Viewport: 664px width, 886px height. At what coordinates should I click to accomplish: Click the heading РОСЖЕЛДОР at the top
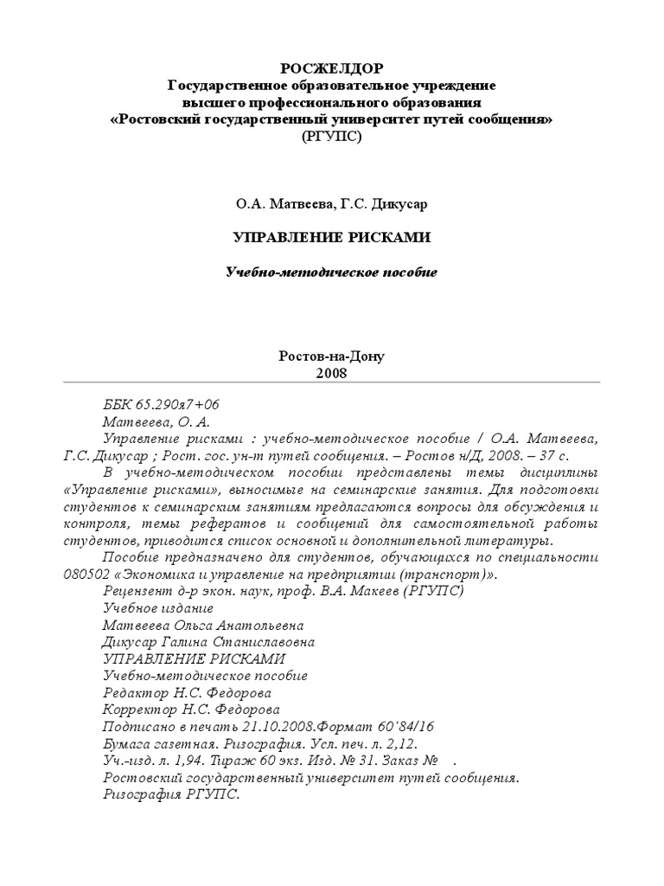click(332, 69)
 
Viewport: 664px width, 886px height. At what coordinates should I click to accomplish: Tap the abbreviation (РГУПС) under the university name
click(332, 137)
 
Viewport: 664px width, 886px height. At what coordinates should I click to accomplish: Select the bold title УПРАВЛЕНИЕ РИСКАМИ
click(332, 237)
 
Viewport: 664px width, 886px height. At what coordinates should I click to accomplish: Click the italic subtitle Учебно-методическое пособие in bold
click(332, 273)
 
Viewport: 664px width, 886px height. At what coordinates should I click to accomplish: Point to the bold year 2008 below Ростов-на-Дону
click(332, 372)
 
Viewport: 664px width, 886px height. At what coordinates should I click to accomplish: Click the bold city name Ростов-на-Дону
click(332, 356)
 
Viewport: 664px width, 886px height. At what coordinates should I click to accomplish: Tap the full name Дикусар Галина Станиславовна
click(208, 642)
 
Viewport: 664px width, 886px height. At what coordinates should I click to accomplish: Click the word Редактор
click(131, 693)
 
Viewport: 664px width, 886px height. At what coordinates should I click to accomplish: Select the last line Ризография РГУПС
click(170, 794)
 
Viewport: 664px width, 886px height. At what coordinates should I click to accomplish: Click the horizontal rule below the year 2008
click(332, 382)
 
